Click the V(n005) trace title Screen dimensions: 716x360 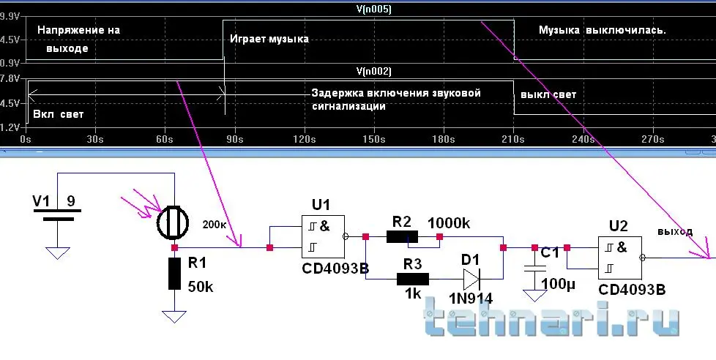pos(374,10)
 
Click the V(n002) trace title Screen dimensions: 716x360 pos(374,71)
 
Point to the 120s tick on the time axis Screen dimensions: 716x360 pos(304,139)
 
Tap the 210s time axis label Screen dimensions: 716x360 pos(513,139)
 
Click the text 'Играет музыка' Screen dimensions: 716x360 pos(269,39)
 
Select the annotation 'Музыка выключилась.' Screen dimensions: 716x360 pos(603,31)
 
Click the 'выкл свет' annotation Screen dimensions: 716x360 pos(548,95)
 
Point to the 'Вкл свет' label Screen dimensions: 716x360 pos(59,114)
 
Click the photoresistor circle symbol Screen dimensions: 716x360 pos(173,223)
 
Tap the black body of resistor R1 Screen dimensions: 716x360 pos(174,274)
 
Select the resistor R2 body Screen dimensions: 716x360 pos(402,236)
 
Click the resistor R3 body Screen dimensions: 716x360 pos(413,279)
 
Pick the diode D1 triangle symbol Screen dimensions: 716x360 pos(471,279)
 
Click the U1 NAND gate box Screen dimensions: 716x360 pos(323,236)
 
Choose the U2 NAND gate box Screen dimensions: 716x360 pos(619,258)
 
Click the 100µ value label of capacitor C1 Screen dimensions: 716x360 pos(558,284)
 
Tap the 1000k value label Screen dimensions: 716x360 pos(449,223)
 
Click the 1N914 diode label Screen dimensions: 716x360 pos(471,299)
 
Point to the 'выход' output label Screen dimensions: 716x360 pos(675,232)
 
